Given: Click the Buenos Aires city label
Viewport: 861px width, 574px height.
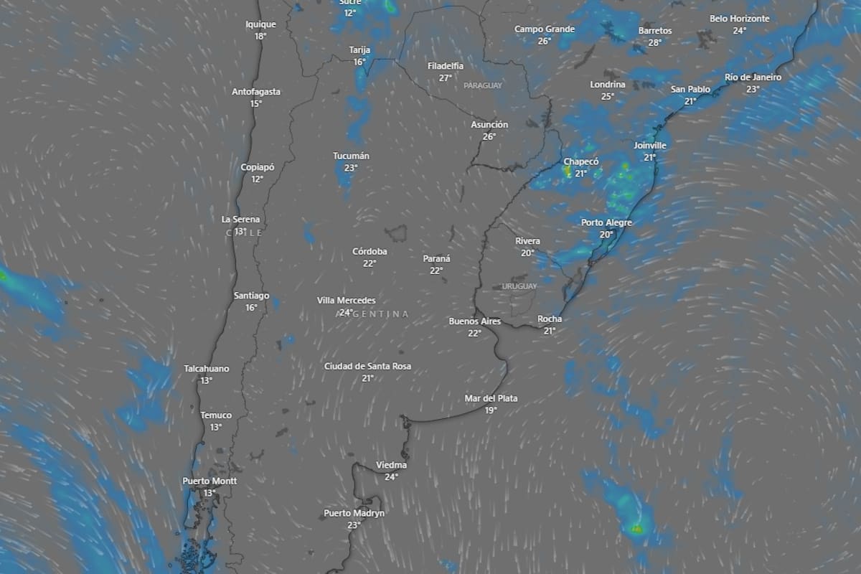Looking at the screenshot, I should pyautogui.click(x=474, y=321).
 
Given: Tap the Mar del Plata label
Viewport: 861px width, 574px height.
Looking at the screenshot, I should pyautogui.click(x=491, y=398).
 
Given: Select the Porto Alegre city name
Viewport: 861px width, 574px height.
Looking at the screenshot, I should pyautogui.click(x=606, y=222).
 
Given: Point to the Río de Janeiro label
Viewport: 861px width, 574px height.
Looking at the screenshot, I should pyautogui.click(x=753, y=77).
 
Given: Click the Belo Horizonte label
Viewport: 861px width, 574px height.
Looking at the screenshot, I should pyautogui.click(x=740, y=19).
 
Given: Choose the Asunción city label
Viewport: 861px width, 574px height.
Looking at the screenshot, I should pyautogui.click(x=489, y=125).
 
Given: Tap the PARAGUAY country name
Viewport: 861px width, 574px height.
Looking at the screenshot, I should pyautogui.click(x=483, y=85).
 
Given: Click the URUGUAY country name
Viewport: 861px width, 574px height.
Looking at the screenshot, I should pyautogui.click(x=519, y=286).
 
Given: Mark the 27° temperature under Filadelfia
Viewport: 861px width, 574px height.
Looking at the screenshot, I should pyautogui.click(x=446, y=78).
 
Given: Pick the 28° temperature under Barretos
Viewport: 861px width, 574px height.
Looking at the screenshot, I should pyautogui.click(x=655, y=43).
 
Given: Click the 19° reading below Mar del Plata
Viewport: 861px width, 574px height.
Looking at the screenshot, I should pyautogui.click(x=491, y=410).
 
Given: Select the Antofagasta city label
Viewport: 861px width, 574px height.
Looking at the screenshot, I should pyautogui.click(x=256, y=92).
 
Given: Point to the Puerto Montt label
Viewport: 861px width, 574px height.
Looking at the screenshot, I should pyautogui.click(x=210, y=481).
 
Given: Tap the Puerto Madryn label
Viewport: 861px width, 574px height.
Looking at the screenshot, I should pyautogui.click(x=354, y=513).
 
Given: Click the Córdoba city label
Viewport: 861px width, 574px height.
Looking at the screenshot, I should pyautogui.click(x=370, y=251).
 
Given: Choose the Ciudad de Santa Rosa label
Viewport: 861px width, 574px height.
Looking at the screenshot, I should pyautogui.click(x=367, y=366).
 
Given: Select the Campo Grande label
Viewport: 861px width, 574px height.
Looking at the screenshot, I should pyautogui.click(x=545, y=29).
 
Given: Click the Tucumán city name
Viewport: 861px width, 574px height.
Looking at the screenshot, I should pyautogui.click(x=351, y=156).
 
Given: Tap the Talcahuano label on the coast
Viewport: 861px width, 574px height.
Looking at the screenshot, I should pyautogui.click(x=207, y=369).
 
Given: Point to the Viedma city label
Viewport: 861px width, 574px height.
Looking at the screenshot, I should pyautogui.click(x=391, y=465).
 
